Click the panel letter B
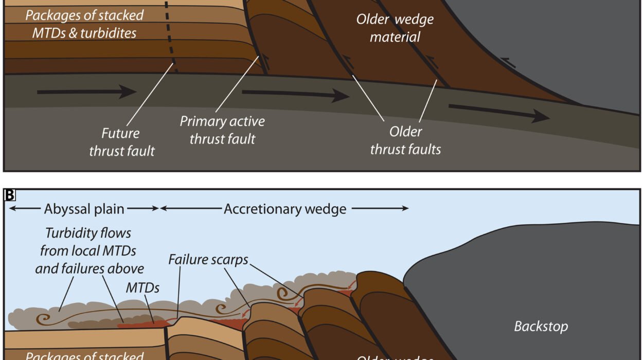9,195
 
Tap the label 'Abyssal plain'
84,209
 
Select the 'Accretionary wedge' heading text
285,209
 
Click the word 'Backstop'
541,327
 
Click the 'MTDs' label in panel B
142,288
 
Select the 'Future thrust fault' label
122,142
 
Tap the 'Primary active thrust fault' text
222,130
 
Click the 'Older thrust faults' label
405,140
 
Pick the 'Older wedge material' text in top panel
395,28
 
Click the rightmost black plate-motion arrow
499,113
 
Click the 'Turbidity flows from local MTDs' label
89,250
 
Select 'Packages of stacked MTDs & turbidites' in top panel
84,24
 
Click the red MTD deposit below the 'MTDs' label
141,324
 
